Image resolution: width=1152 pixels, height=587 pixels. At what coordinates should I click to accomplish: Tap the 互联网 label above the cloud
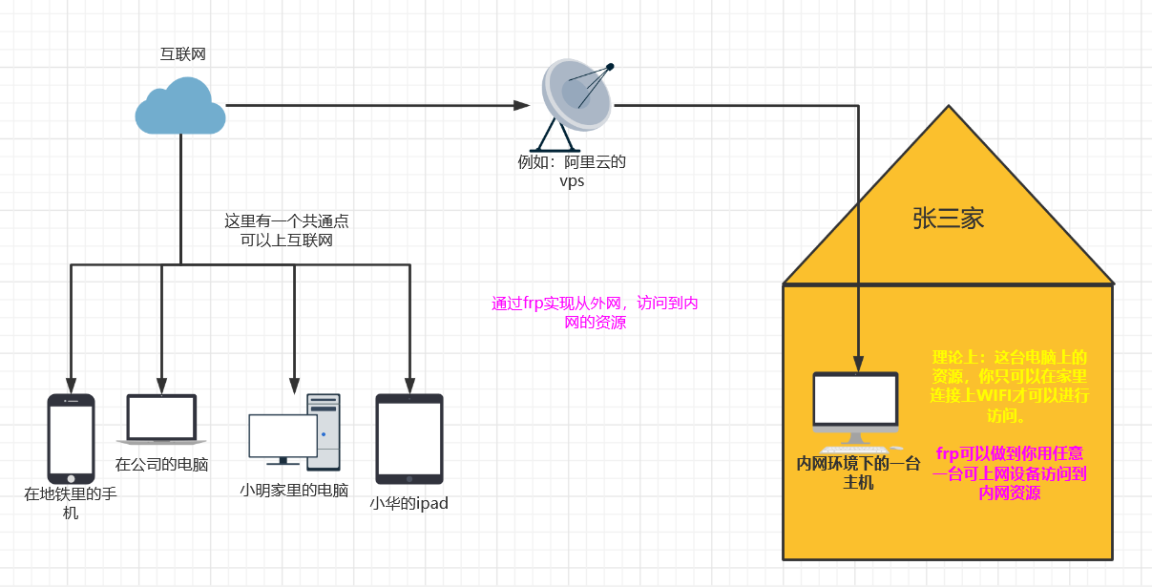[x=182, y=54]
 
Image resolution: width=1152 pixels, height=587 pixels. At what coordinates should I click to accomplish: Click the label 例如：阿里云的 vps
[x=572, y=172]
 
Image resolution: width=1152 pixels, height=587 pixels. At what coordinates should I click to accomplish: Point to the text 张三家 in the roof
[x=948, y=220]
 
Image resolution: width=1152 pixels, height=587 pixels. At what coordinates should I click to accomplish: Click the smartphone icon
[x=72, y=438]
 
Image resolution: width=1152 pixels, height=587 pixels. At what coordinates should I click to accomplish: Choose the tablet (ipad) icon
[x=409, y=438]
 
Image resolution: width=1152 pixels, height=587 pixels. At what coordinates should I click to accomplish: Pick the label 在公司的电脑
[x=161, y=465]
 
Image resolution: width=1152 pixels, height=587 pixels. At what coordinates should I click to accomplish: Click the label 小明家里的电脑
[x=294, y=491]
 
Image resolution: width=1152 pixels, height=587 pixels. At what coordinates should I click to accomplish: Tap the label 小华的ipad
[x=408, y=503]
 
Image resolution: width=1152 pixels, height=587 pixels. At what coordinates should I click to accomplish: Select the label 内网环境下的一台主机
[x=858, y=473]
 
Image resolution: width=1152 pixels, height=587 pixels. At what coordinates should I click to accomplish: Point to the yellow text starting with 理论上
[x=1010, y=387]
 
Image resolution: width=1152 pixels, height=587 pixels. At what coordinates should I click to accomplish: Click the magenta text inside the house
[x=1010, y=473]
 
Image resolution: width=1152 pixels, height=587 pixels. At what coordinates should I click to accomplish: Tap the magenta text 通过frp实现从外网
[x=595, y=313]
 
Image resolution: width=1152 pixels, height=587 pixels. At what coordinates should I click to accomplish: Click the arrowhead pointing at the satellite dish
[x=521, y=105]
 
